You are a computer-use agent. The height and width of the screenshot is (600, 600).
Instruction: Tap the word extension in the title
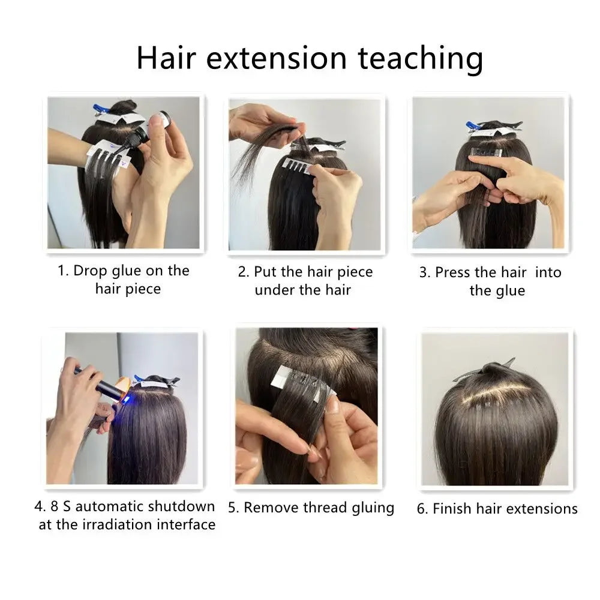point(277,58)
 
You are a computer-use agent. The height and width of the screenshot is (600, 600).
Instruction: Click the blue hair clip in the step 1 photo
point(100,110)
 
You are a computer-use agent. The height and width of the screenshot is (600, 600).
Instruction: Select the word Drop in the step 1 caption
point(90,271)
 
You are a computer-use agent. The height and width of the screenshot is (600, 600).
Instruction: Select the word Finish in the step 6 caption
point(452,509)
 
